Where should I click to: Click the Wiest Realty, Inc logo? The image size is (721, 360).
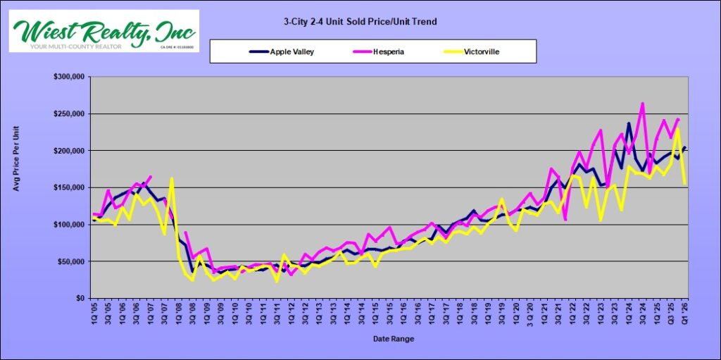click(104, 30)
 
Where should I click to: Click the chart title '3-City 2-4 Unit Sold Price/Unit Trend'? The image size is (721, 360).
click(355, 22)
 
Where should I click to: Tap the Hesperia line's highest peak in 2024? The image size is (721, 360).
click(642, 104)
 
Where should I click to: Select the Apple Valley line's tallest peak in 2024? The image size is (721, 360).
click(629, 124)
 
